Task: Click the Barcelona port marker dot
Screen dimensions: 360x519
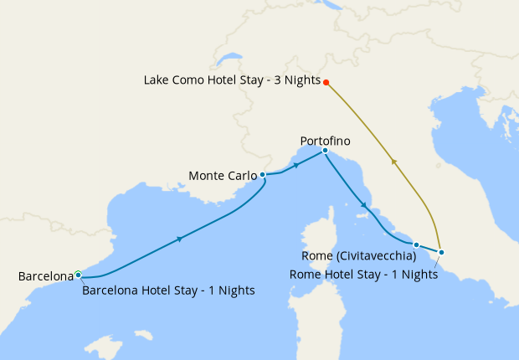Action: coord(78,274)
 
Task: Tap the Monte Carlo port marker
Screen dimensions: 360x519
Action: coord(263,175)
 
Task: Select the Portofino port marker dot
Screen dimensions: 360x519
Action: coord(325,151)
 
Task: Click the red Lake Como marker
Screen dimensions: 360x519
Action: coord(326,82)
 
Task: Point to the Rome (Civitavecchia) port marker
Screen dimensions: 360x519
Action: coord(416,244)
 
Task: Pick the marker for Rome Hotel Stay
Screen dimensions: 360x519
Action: coord(441,252)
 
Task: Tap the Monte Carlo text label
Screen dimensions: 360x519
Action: coord(223,176)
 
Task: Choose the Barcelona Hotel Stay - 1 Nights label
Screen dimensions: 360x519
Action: coord(168,291)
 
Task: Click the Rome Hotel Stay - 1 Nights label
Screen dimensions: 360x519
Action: coord(363,274)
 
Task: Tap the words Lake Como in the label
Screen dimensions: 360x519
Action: coord(172,81)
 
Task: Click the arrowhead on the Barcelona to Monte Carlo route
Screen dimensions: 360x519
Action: coord(180,239)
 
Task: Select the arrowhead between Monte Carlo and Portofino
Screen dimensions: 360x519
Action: coord(295,166)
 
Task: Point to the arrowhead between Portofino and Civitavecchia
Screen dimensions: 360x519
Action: coord(363,205)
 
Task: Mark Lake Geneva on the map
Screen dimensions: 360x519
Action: coord(225,61)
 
